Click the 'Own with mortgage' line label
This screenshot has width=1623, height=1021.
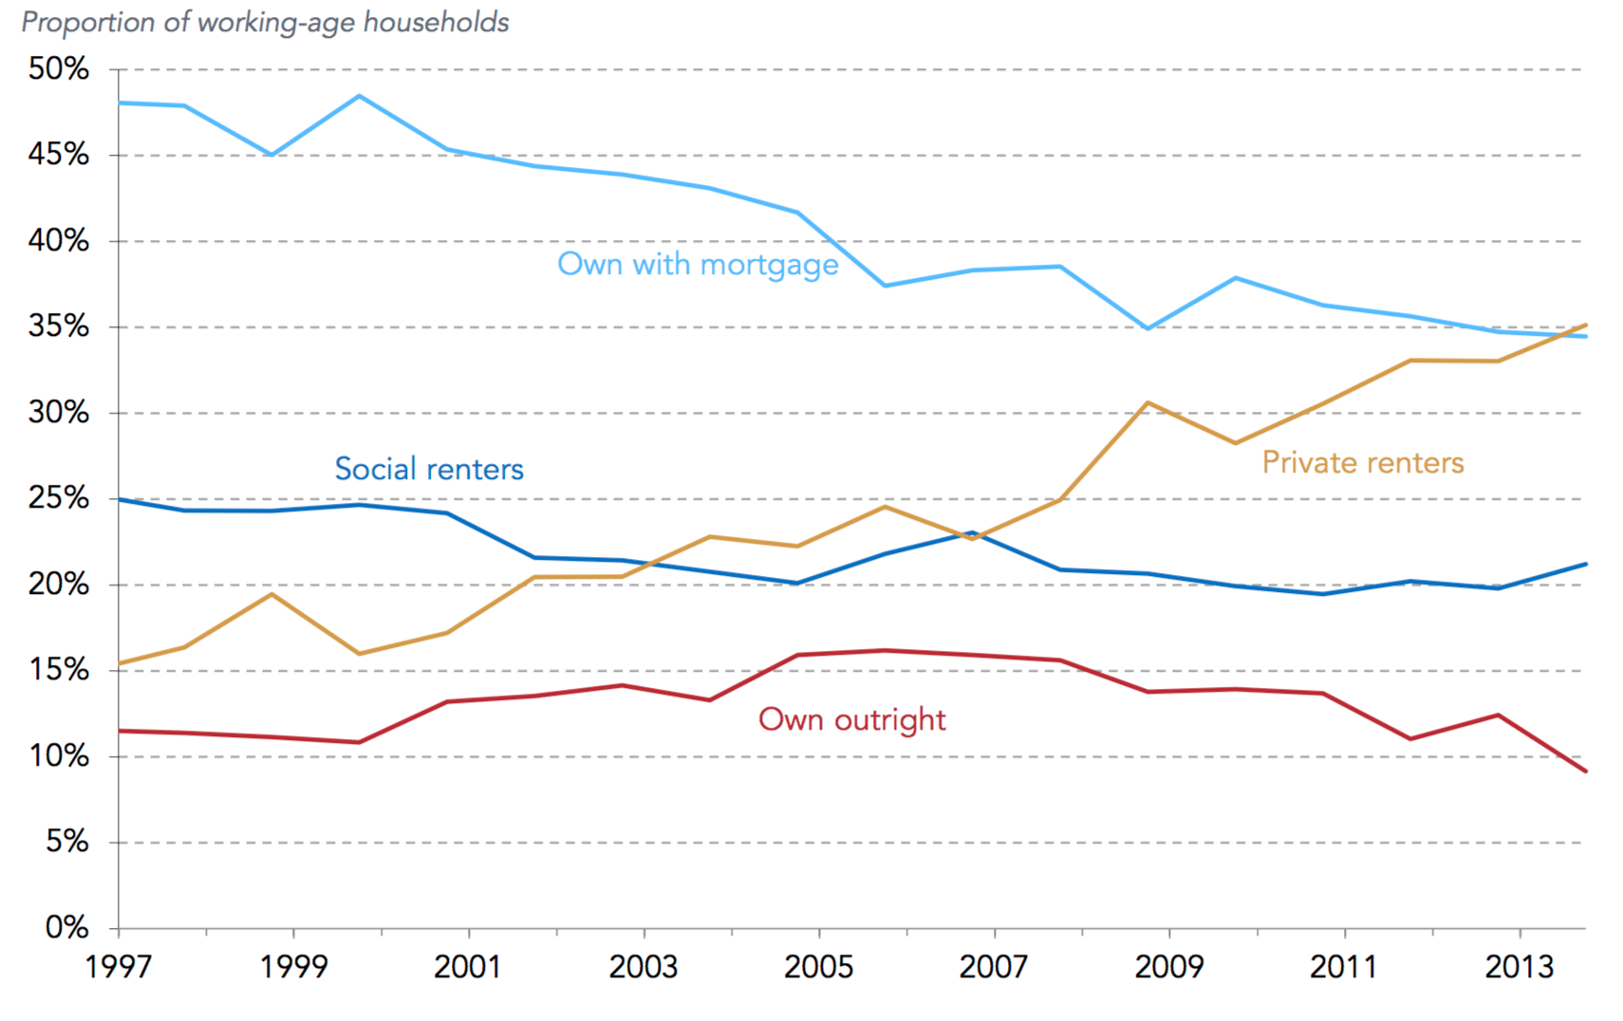click(698, 264)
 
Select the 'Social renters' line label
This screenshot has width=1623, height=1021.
click(429, 469)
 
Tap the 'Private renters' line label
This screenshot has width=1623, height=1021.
click(1363, 462)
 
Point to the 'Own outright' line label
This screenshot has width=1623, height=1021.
click(851, 719)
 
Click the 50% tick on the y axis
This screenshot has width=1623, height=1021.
click(59, 68)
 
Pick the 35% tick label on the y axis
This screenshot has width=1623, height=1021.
click(59, 326)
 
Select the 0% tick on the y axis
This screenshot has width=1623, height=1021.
click(66, 927)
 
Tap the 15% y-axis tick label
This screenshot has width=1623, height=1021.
click(59, 670)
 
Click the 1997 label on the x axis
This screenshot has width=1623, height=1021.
click(119, 967)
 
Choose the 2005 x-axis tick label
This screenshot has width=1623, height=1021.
click(819, 967)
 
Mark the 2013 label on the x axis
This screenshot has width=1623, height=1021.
click(1520, 967)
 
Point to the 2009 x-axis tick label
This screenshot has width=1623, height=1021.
click(1169, 967)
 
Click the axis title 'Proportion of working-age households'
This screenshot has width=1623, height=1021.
click(266, 22)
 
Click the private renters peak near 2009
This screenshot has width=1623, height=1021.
click(1147, 402)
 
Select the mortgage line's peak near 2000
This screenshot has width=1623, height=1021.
click(359, 96)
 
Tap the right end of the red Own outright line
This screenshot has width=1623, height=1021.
click(1585, 770)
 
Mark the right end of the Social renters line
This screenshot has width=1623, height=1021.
click(1585, 565)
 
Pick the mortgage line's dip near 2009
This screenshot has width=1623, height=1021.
click(1147, 328)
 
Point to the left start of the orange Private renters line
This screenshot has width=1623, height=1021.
click(120, 663)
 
